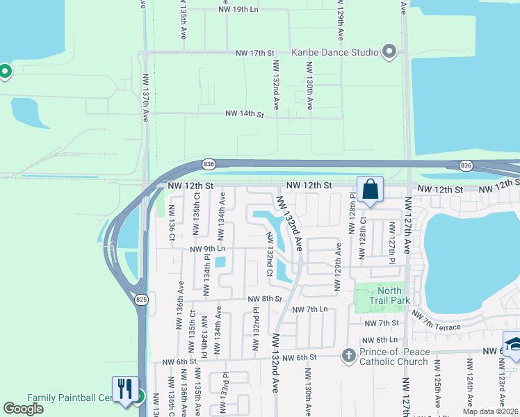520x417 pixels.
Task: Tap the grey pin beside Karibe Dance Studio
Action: point(389,52)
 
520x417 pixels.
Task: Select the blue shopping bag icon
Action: point(370,188)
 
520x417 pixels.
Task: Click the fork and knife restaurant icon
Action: point(125,389)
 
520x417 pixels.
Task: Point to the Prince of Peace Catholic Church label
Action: point(393,356)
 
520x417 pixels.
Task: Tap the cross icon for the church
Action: point(349,356)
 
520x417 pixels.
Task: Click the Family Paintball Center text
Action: point(70,398)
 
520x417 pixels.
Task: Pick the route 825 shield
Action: point(141,300)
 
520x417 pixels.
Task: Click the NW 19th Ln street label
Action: point(238,10)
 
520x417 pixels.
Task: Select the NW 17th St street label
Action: point(256,53)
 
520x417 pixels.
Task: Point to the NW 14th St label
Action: point(245,113)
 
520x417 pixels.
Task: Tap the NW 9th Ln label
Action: point(207,248)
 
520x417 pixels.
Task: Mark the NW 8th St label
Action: point(264,299)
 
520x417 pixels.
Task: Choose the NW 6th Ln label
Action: point(380,340)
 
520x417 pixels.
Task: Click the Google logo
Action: point(24,409)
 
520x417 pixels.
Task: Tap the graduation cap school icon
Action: point(514,345)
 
